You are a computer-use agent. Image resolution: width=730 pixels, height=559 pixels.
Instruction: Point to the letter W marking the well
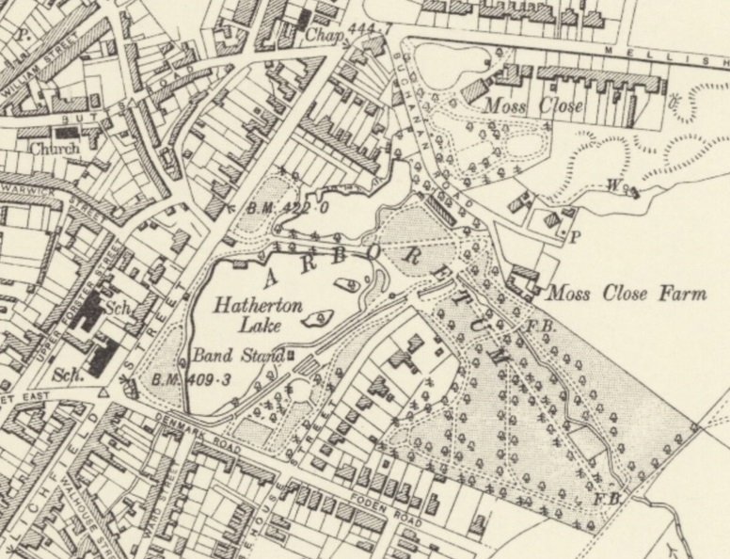pyautogui.click(x=612, y=185)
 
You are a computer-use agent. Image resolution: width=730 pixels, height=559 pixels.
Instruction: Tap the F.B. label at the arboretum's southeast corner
pyautogui.click(x=608, y=496)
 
